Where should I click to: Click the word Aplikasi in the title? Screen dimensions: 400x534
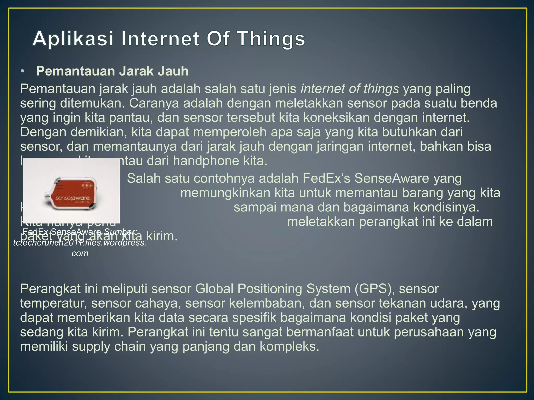tap(73, 39)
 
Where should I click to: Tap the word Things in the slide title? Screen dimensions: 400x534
tap(271, 39)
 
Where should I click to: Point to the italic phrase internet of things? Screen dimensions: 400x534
tap(350, 89)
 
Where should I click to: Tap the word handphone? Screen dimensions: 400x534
tap(206, 161)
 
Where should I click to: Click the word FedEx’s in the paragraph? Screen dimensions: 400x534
tap(326, 179)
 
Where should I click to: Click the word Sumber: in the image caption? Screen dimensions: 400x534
tap(120, 232)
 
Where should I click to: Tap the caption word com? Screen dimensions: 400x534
tap(80, 253)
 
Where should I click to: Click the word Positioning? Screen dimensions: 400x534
tap(269, 289)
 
